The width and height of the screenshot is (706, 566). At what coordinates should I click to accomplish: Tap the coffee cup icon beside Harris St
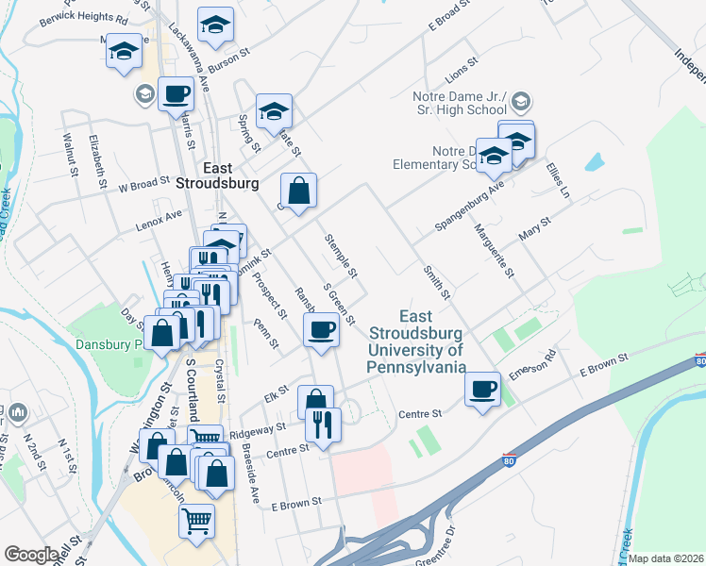coord(176,94)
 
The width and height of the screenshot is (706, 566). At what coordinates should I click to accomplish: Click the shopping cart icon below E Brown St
coord(196,519)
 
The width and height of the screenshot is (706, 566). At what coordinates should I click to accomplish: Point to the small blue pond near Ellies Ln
coord(594,161)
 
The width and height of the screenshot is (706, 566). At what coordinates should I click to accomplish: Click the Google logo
coord(32,555)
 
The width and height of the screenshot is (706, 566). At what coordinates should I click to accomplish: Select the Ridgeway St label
coord(264,428)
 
